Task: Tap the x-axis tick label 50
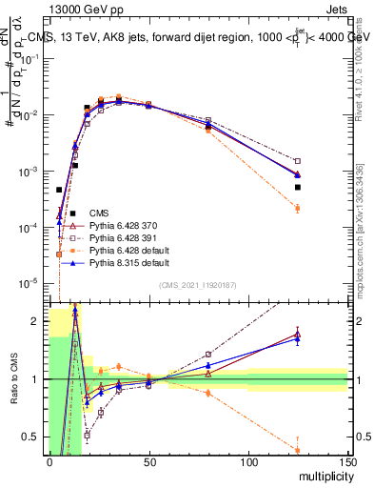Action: (x=148, y=461)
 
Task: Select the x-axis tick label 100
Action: (x=248, y=461)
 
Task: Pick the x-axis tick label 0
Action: (x=49, y=461)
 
